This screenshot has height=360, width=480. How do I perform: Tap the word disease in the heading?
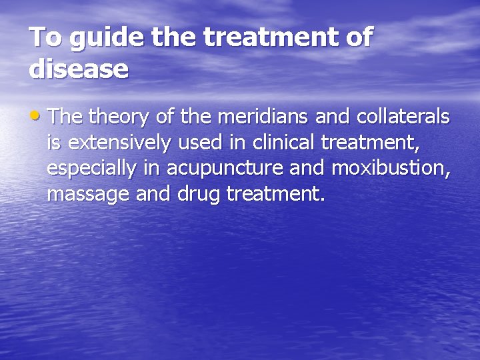click(x=79, y=69)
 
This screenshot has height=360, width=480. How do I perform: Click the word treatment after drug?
click(x=275, y=195)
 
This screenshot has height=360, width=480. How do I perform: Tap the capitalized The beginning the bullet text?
click(x=64, y=117)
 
